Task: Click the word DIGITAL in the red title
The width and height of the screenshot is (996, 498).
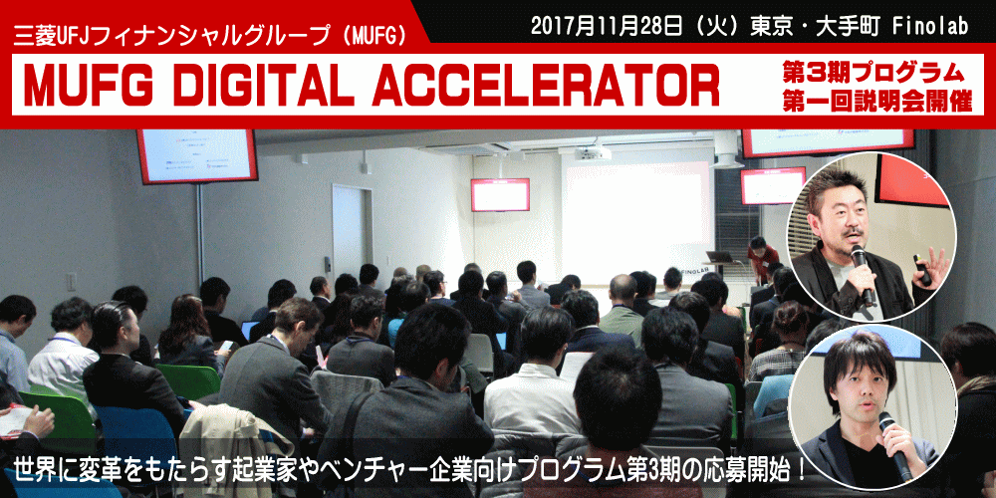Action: click(x=264, y=85)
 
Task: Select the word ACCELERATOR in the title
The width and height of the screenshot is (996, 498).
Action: click(x=546, y=85)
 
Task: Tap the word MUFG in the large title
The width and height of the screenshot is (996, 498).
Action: click(x=90, y=85)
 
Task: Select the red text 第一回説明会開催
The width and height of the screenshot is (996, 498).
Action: click(x=877, y=103)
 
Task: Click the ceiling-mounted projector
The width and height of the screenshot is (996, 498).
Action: click(x=593, y=152)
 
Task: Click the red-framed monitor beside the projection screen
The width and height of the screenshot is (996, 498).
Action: click(x=500, y=194)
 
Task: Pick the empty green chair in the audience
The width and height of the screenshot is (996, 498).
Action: click(x=188, y=381)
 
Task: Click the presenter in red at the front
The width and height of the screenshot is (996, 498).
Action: click(x=762, y=260)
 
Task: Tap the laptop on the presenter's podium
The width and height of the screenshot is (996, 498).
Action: click(x=720, y=256)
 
